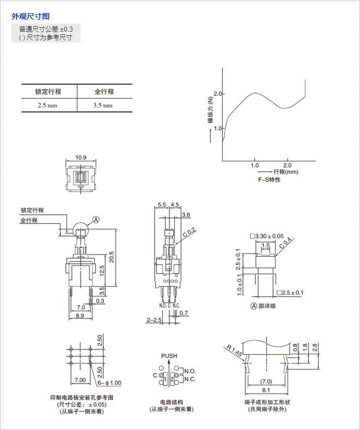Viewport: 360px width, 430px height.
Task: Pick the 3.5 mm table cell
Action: pyautogui.click(x=103, y=105)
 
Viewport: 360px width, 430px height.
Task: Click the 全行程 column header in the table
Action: pyautogui.click(x=104, y=92)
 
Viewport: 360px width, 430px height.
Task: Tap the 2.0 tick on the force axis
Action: pyautogui.click(x=218, y=94)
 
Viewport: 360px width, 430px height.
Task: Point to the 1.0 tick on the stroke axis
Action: pyautogui.click(x=254, y=165)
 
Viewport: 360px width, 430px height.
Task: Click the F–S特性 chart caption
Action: pyautogui.click(x=269, y=179)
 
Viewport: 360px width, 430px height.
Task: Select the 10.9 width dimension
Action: pyautogui.click(x=81, y=158)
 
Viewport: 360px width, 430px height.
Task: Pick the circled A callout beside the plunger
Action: pyautogui.click(x=96, y=220)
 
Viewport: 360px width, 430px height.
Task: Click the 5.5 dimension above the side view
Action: pyautogui.click(x=162, y=205)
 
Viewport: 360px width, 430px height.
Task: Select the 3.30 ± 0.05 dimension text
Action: pyautogui.click(x=269, y=237)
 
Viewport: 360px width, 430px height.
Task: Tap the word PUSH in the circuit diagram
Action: pyautogui.click(x=169, y=356)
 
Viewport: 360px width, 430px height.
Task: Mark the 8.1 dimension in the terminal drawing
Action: pyautogui.click(x=266, y=391)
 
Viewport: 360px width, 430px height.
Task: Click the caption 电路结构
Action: pyautogui.click(x=169, y=402)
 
